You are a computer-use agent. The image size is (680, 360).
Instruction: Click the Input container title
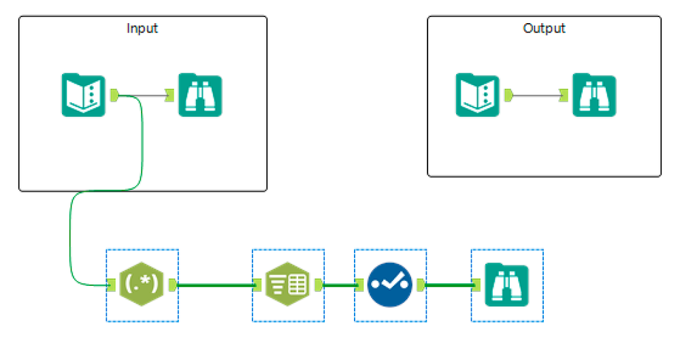coord(142,29)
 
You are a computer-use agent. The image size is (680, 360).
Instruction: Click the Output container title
coord(544,29)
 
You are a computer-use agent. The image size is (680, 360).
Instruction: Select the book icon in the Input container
coord(83,95)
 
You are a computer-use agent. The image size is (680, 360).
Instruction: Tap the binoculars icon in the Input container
coord(200,95)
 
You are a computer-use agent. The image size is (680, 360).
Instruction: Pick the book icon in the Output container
coord(476,95)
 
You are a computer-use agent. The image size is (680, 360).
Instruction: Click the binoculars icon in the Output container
coord(594,95)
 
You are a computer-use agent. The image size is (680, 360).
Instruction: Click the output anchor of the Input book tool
coord(114,95)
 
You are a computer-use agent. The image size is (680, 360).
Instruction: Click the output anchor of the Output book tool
coord(508,95)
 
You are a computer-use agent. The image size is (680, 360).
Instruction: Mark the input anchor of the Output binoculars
coord(564,95)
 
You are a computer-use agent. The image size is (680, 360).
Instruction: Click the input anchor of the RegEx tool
coord(111,285)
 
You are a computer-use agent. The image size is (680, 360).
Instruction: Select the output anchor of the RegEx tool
coord(172,285)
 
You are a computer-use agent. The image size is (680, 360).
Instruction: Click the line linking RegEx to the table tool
coord(214,285)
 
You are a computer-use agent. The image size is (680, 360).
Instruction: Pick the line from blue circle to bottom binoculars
coord(448,285)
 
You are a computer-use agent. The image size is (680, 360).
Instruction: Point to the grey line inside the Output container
coord(536,95)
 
